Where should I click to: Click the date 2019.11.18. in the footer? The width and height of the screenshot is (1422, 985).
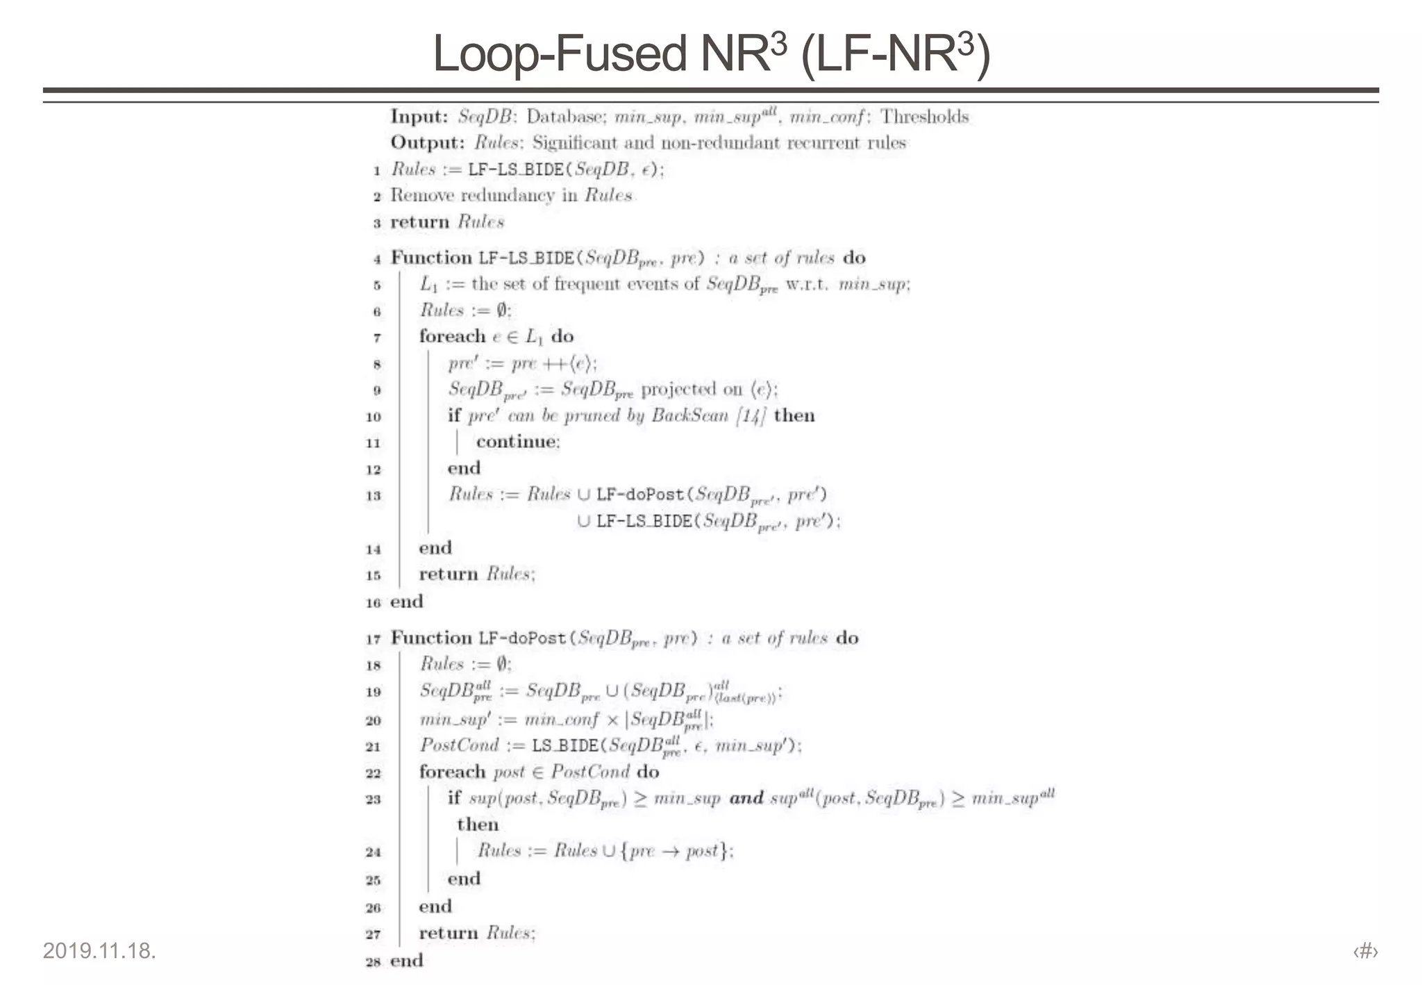tap(99, 950)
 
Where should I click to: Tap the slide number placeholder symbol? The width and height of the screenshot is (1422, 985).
tap(1365, 950)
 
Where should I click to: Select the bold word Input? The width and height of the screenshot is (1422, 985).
tap(419, 116)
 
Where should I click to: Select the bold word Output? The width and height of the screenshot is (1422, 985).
tap(427, 142)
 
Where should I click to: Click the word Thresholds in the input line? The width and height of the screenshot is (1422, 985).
tap(924, 116)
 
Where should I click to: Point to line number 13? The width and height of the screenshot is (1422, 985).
tap(374, 495)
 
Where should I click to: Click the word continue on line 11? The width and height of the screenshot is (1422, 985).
tap(517, 442)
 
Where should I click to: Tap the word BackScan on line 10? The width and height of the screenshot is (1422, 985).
tap(689, 415)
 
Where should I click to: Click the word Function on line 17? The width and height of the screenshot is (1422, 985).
tap(431, 638)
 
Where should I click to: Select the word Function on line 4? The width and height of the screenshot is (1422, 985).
tap(431, 258)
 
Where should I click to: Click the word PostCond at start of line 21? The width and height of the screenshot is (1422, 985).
tap(459, 745)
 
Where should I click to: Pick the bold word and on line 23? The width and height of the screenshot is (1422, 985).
tap(746, 798)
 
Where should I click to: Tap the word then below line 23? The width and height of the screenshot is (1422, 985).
tap(478, 825)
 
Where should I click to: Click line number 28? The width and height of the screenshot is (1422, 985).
tap(374, 961)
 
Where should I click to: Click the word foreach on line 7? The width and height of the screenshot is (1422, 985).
tap(452, 337)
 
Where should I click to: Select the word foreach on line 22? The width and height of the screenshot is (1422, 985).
tap(452, 772)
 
